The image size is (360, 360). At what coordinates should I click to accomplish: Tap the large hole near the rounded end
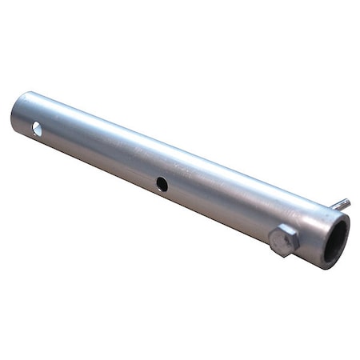pos(37,127)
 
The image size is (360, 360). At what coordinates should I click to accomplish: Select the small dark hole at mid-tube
pos(162,184)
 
